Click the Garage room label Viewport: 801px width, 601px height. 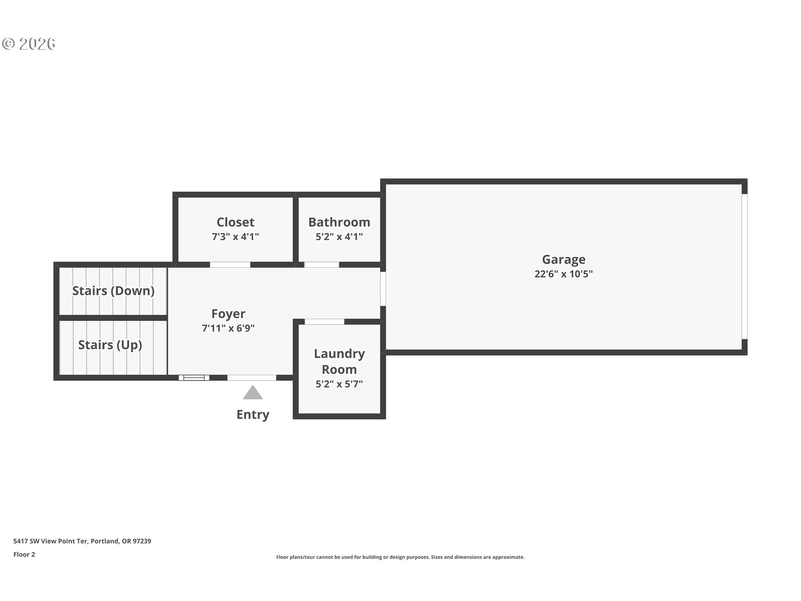(563, 259)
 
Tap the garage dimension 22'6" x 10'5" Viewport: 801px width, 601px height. (563, 274)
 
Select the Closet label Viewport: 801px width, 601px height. (235, 222)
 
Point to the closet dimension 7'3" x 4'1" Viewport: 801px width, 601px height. (235, 237)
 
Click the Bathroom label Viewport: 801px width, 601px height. (339, 222)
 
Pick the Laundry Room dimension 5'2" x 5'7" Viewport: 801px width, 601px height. (339, 384)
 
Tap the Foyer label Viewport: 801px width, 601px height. (228, 313)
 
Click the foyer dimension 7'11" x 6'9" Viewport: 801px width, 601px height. (228, 328)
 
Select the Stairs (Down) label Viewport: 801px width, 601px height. (113, 290)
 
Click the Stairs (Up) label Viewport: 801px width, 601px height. (110, 345)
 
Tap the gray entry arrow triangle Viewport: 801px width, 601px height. (253, 393)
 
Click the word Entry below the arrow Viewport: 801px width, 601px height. (253, 414)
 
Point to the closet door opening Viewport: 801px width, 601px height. (230, 265)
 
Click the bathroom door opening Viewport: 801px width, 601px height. (321, 265)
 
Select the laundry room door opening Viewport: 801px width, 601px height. (324, 321)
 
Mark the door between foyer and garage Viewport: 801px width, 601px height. (383, 289)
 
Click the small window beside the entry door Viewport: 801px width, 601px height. (194, 378)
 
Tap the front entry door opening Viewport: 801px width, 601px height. (252, 378)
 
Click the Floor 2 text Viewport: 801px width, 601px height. (24, 554)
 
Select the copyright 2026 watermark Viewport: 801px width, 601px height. (29, 43)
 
